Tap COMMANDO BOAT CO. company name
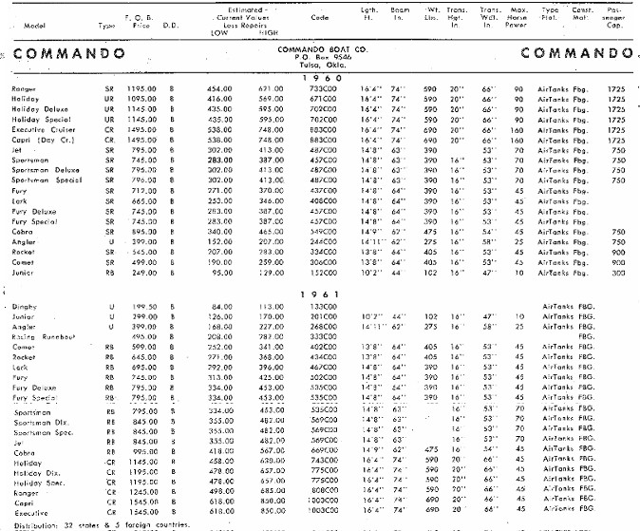click(x=321, y=47)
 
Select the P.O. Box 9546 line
click(x=321, y=56)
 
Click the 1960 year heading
click(x=321, y=78)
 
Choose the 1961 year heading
click(x=321, y=294)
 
